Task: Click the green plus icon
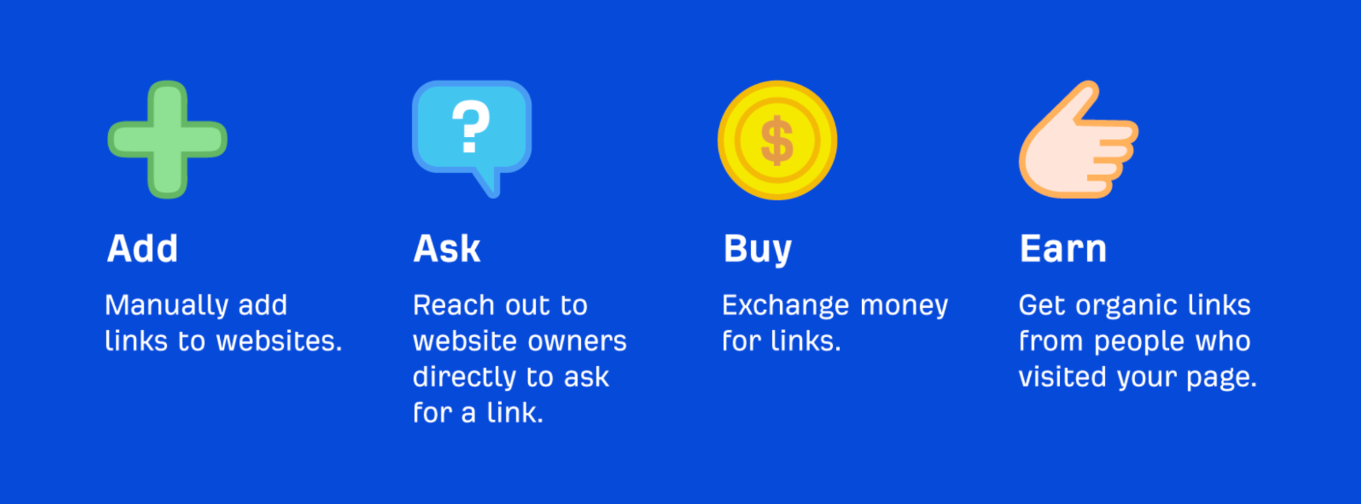tap(167, 140)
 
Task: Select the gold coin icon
tap(777, 140)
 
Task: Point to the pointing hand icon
tap(1078, 140)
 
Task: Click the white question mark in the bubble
tap(471, 126)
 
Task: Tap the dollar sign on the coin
tap(777, 140)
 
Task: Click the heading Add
tap(142, 249)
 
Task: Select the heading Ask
tap(447, 249)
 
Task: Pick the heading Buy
tap(758, 250)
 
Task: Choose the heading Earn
tap(1063, 249)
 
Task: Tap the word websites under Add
tap(279, 341)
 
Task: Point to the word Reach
tap(453, 305)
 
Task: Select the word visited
tap(1062, 377)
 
